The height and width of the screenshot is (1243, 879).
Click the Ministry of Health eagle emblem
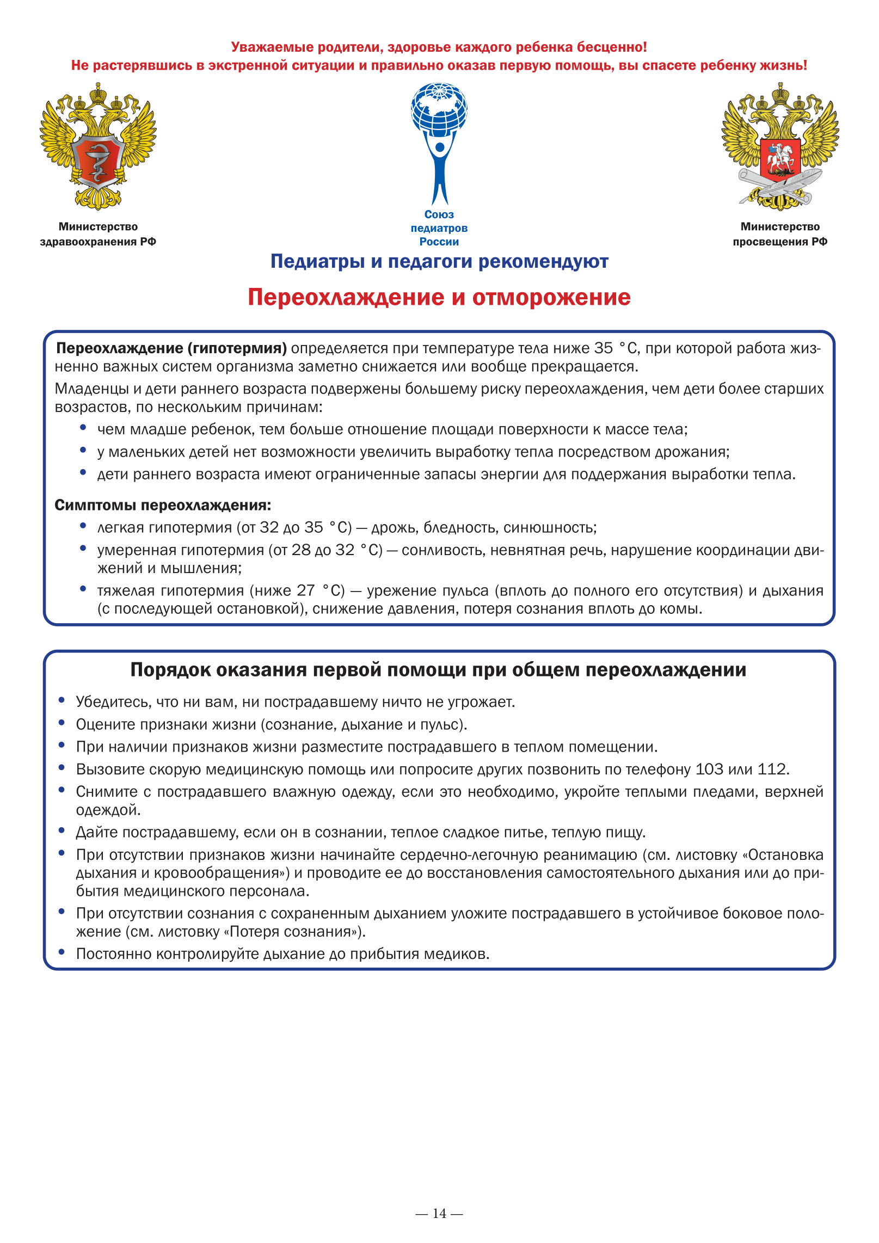[98, 146]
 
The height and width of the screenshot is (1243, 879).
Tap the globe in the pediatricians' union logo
[439, 108]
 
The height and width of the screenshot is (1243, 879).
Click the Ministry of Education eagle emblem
[780, 146]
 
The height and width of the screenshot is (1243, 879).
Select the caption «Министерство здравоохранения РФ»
[98, 234]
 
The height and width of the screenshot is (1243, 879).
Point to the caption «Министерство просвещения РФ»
[780, 234]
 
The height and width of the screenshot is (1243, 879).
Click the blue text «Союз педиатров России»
[439, 228]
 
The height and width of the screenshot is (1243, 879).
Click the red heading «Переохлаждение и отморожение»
[439, 297]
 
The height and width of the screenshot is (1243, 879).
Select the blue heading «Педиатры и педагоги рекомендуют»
[439, 262]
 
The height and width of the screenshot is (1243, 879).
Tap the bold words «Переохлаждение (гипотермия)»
[171, 348]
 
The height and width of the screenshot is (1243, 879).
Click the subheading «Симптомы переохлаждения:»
[163, 505]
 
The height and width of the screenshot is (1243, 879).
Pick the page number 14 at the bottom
[439, 1213]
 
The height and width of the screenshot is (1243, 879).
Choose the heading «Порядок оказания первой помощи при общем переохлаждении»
[438, 670]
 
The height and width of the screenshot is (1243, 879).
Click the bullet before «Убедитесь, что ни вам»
[62, 700]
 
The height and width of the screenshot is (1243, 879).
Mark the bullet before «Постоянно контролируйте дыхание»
[62, 952]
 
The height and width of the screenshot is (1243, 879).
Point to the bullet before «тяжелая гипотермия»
[83, 589]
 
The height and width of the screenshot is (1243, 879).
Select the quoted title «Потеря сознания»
[294, 932]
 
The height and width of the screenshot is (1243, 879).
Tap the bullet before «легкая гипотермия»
[83, 526]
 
